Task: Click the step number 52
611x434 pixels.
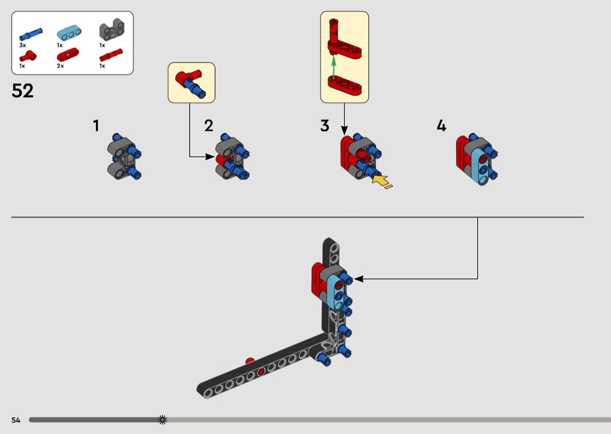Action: (23, 91)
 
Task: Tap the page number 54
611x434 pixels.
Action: (16, 420)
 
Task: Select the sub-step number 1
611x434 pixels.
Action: (96, 126)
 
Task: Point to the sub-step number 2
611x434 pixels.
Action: (209, 126)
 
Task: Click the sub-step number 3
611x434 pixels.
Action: (325, 126)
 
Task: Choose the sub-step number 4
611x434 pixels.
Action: (441, 126)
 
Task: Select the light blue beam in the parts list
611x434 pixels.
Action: (69, 33)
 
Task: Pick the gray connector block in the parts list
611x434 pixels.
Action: (112, 29)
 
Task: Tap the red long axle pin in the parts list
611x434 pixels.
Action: (111, 55)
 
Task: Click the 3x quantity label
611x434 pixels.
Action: (23, 45)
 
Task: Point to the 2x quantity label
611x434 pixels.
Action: (61, 66)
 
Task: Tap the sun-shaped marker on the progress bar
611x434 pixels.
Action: (162, 419)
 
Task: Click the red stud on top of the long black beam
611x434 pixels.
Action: (250, 361)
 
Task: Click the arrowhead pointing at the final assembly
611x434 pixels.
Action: (358, 279)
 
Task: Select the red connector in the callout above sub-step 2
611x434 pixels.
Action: (183, 78)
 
